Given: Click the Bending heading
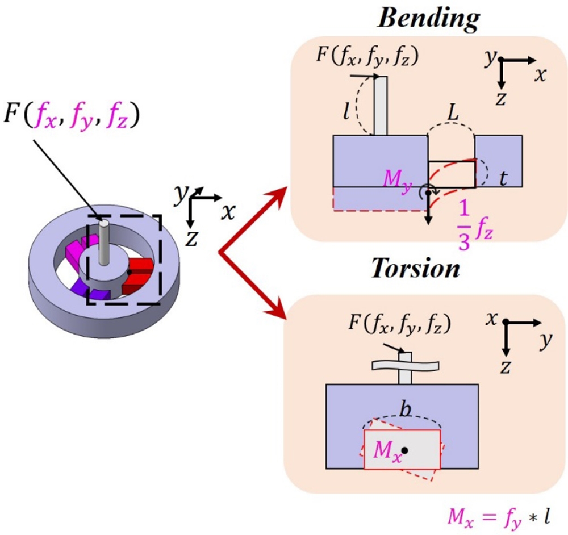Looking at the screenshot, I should (429, 19).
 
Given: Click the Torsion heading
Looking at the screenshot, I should (415, 269).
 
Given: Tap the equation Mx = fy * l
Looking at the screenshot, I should (499, 517).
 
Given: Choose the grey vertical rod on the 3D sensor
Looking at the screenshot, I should (103, 241).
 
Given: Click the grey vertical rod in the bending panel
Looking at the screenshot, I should (381, 106).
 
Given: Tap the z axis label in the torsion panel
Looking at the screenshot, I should (504, 369).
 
